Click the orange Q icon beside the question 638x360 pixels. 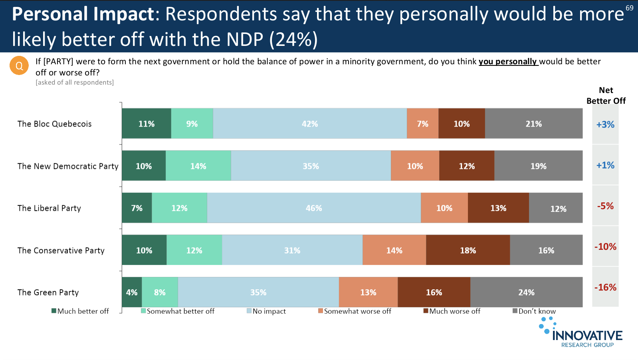tap(19, 65)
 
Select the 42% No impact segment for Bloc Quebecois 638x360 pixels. tap(310, 124)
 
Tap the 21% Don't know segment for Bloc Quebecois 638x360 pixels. tap(533, 124)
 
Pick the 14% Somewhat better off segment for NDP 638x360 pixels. tap(198, 166)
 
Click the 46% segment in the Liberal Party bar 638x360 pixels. tap(314, 208)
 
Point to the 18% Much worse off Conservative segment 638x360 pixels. tap(468, 250)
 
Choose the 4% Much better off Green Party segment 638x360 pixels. tap(132, 292)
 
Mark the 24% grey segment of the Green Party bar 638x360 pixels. tap(526, 292)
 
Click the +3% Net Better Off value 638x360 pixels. tap(605, 125)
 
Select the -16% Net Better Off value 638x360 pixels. tap(605, 287)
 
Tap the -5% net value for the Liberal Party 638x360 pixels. tap(605, 206)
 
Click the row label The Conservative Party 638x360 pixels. tap(61, 251)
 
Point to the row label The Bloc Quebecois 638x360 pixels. tap(55, 124)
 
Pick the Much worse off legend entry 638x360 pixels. tap(452, 311)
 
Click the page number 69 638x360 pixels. tap(629, 8)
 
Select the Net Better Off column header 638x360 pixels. tap(606, 96)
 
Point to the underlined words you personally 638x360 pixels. tap(508, 61)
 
